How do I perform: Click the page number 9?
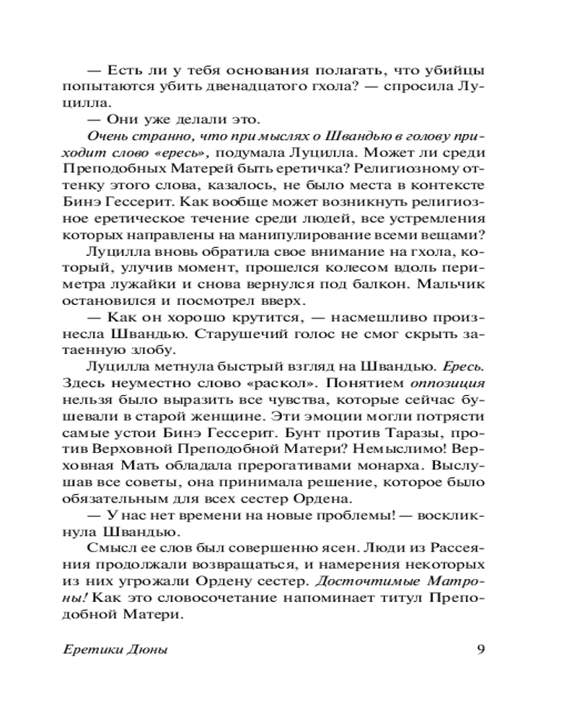point(480,648)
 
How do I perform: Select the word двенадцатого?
point(221,89)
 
